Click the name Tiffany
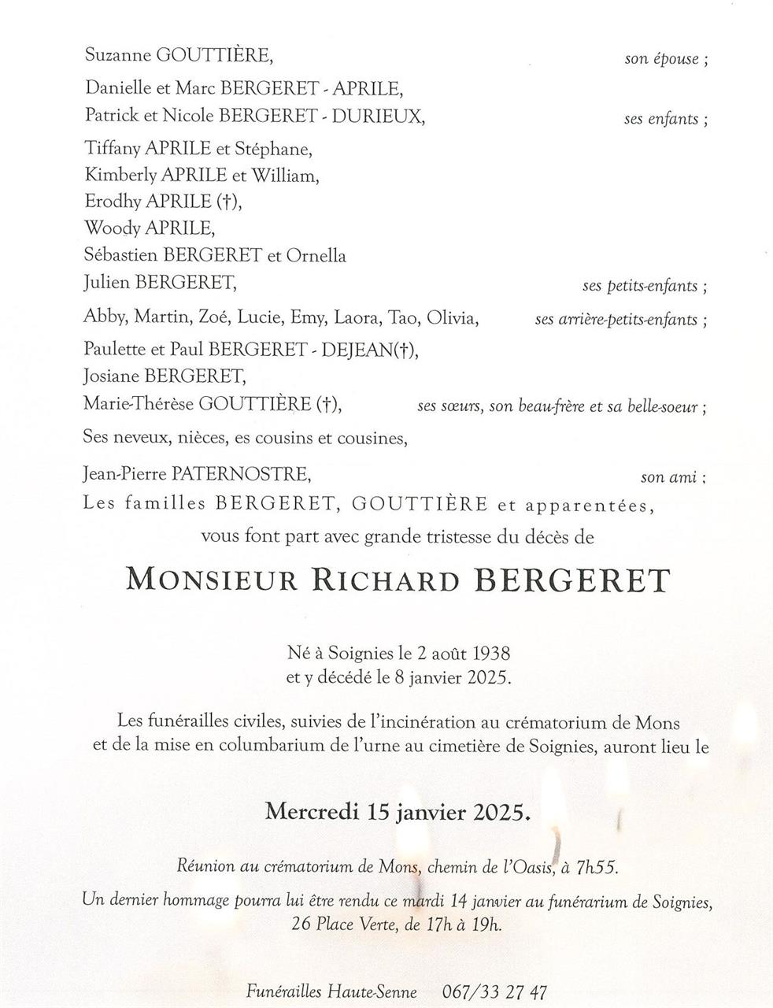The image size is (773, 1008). pos(111,148)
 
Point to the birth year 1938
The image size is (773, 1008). pos(488,653)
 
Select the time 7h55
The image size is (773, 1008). pos(597,867)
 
